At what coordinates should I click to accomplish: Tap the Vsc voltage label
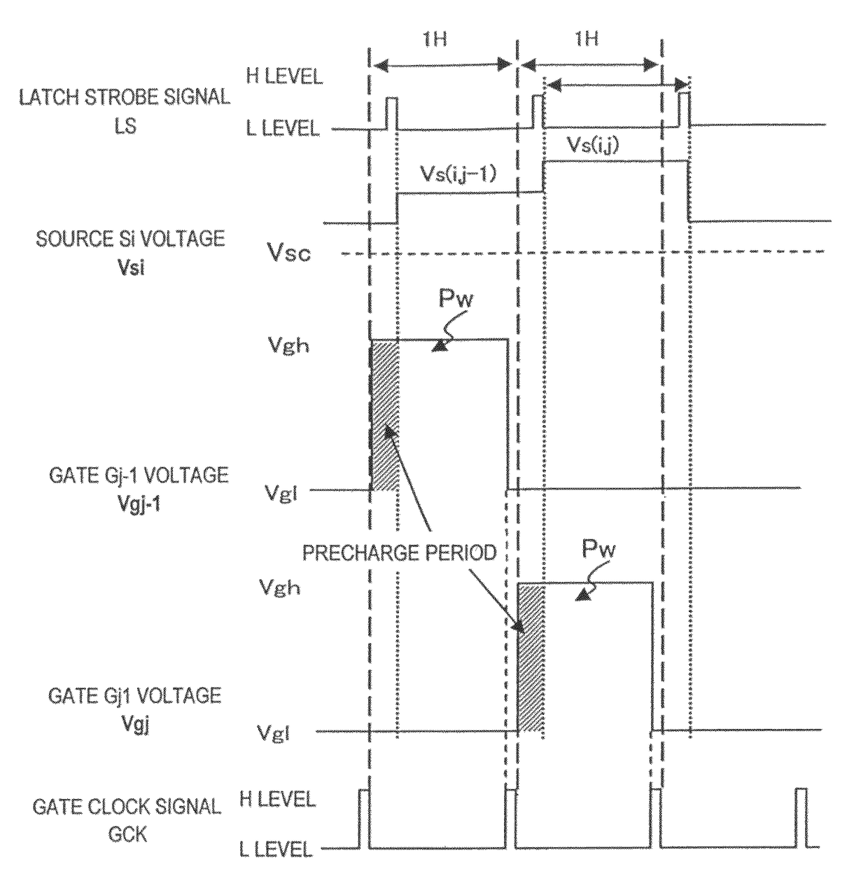[x=288, y=253]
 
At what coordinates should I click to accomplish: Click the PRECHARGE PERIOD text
[x=400, y=553]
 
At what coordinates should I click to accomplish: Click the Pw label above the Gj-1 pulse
[x=455, y=299]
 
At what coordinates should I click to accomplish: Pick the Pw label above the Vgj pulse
[x=598, y=548]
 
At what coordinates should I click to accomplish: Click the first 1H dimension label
[x=434, y=39]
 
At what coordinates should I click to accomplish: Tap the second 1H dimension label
[x=587, y=39]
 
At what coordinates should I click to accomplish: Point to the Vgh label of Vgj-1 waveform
[x=288, y=345]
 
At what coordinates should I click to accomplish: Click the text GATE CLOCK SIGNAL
[x=127, y=807]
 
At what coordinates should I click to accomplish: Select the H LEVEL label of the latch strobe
[x=284, y=76]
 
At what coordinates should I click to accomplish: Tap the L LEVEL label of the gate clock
[x=275, y=849]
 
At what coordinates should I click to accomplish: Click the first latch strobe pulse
[x=391, y=113]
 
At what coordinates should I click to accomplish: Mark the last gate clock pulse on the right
[x=801, y=817]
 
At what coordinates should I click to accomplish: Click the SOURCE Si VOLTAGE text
[x=130, y=239]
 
